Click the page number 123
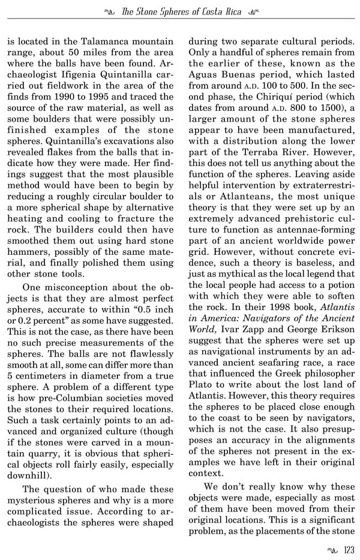(346, 547)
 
